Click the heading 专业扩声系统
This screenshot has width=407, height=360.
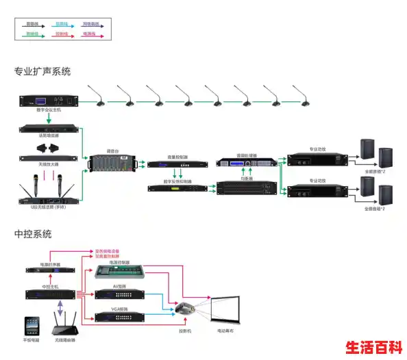[42, 71]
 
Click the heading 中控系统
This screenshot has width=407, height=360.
[32, 234]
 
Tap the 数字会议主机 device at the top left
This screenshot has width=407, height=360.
[48, 101]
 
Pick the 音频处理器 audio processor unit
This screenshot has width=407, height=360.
[247, 164]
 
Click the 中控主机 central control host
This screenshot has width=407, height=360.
[51, 295]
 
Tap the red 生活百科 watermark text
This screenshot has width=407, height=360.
[373, 347]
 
